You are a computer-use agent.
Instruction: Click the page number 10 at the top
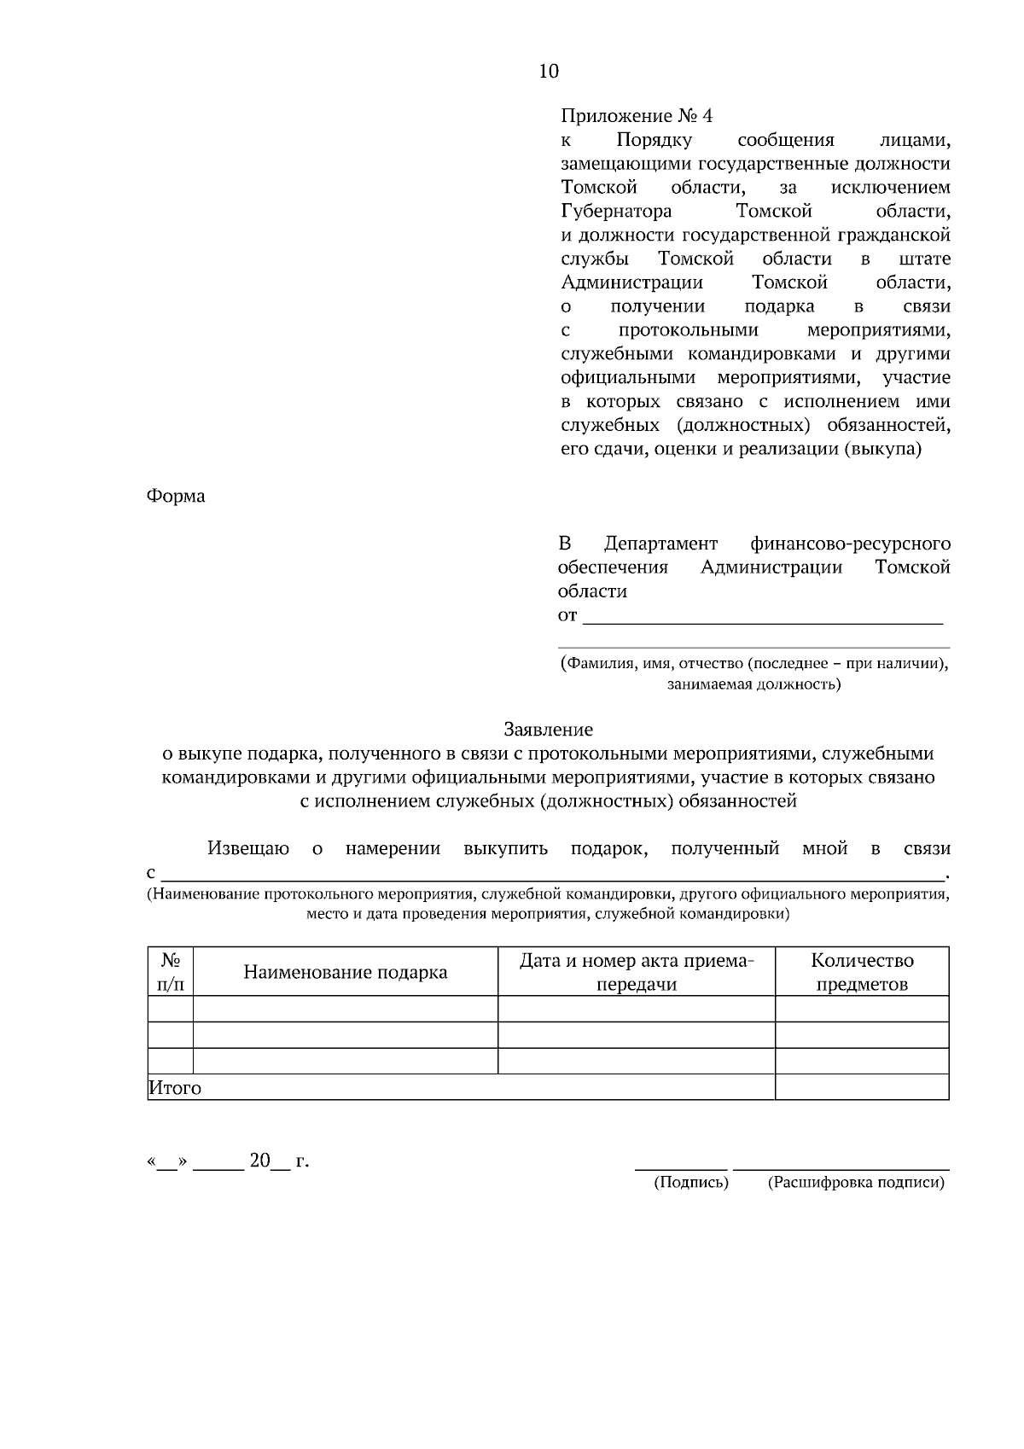549,72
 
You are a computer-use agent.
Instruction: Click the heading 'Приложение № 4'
636,115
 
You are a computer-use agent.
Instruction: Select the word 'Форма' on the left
176,496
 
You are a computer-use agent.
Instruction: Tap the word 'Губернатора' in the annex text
616,211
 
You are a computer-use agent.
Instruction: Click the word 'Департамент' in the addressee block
660,544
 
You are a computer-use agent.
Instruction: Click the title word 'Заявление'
548,730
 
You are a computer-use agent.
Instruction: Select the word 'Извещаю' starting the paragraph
248,848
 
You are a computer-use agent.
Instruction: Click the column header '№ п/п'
170,972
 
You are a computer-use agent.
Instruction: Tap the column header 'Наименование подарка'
345,972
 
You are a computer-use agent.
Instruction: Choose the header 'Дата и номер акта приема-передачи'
637,972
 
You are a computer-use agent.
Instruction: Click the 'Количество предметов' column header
862,972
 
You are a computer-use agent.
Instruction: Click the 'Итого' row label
175,1088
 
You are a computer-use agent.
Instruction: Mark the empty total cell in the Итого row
862,1087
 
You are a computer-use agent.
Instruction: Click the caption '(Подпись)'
690,1183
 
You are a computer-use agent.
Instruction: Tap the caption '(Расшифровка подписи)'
856,1183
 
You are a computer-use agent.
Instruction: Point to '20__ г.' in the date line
278,1161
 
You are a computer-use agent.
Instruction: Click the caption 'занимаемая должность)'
753,684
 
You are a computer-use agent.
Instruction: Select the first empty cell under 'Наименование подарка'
345,1010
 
